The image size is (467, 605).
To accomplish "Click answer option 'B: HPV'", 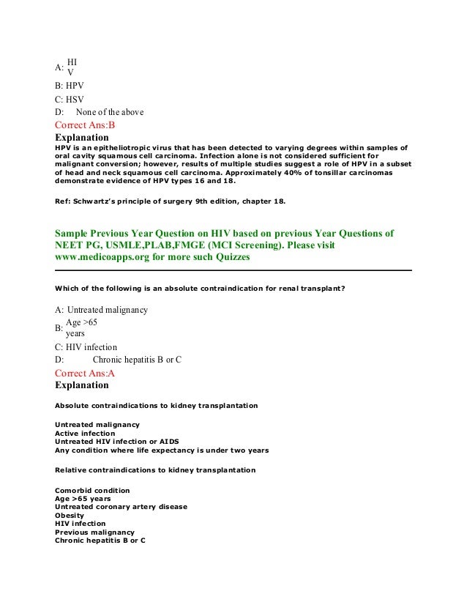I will coord(70,85).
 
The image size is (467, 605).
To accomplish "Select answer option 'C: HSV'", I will coord(70,99).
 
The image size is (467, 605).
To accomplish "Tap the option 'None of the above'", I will coord(109,112).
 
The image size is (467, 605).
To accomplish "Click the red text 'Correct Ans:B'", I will coord(85,125).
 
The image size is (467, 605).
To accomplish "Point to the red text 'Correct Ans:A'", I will coord(85,373).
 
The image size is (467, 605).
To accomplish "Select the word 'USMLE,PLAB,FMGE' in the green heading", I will coord(159,246).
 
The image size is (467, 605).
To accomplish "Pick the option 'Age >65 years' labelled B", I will coord(81,327).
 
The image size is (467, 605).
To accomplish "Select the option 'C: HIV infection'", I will coord(86,346).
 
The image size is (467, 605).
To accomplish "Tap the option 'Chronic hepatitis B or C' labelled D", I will coord(137,360).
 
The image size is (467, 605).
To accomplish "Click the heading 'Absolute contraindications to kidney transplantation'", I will coord(156,406).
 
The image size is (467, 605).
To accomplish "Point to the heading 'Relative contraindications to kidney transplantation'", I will coord(155,469).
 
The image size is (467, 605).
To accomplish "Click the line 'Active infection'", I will coord(85,434).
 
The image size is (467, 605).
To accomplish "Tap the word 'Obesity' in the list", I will coord(70,515).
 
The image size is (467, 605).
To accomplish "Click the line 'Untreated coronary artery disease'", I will coord(121,507).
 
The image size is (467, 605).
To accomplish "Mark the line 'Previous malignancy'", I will coord(94,532).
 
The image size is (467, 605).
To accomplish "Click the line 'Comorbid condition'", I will coord(92,490).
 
